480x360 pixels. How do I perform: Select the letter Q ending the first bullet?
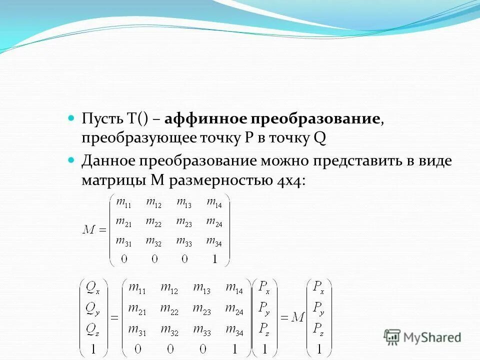click(x=319, y=138)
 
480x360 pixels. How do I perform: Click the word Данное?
click(x=108, y=161)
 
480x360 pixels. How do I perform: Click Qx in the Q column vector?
click(x=93, y=287)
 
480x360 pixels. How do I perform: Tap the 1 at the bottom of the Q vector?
click(x=93, y=348)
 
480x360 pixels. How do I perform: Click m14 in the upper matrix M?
click(x=214, y=203)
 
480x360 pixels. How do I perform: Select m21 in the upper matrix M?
click(x=123, y=221)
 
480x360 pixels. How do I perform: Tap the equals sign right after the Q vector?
click(x=114, y=317)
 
